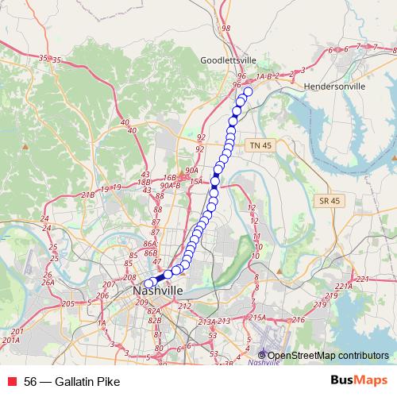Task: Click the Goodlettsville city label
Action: [x=229, y=60]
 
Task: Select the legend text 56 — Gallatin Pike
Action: [x=71, y=382]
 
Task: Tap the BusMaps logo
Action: [x=358, y=381]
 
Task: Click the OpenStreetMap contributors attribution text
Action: [x=327, y=355]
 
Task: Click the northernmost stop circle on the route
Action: [x=248, y=92]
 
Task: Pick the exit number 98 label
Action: [x=226, y=29]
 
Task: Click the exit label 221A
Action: [x=344, y=287]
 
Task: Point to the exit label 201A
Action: [x=10, y=340]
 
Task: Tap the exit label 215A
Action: [x=257, y=318]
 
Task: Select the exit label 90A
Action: [x=191, y=171]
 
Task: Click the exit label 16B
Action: [x=168, y=179]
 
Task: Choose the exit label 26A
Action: [x=48, y=282]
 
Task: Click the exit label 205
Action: [x=67, y=304]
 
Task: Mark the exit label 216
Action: [x=298, y=320]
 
